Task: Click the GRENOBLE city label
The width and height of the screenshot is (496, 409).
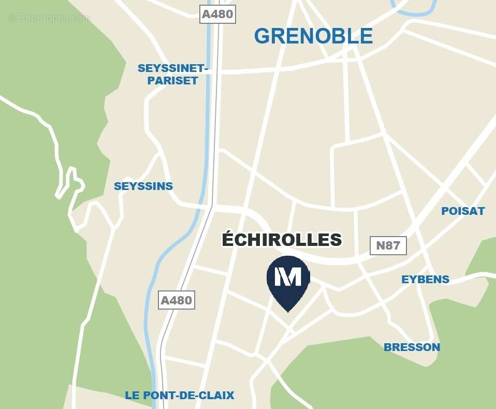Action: pos(313,36)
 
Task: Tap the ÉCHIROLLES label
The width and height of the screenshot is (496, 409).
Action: pos(282,240)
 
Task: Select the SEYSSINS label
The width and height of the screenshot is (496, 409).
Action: pos(143,186)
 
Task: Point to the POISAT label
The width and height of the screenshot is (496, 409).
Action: pos(463,211)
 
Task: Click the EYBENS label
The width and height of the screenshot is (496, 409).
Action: pos(425,280)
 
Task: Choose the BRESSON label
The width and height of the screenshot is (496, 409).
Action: pos(412,347)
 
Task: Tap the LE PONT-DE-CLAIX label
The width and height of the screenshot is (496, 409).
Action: pos(179,396)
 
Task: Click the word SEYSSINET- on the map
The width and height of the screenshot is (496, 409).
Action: pos(173,68)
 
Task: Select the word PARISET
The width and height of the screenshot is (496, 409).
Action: pos(173,81)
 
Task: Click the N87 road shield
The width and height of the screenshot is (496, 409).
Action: pos(388,245)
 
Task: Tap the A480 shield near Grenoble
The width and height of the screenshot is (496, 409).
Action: pos(217,14)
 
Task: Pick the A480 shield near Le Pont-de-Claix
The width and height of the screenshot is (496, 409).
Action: pos(176,300)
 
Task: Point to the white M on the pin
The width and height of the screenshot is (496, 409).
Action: pos(288,277)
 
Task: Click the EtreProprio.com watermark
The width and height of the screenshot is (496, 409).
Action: pos(49,18)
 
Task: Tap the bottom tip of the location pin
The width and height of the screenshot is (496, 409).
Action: pos(288,311)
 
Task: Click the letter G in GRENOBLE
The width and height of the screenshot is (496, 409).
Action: pos(262,36)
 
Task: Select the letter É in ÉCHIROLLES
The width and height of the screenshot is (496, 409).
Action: pos(227,239)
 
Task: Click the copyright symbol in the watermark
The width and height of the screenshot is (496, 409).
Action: pos(12,18)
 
